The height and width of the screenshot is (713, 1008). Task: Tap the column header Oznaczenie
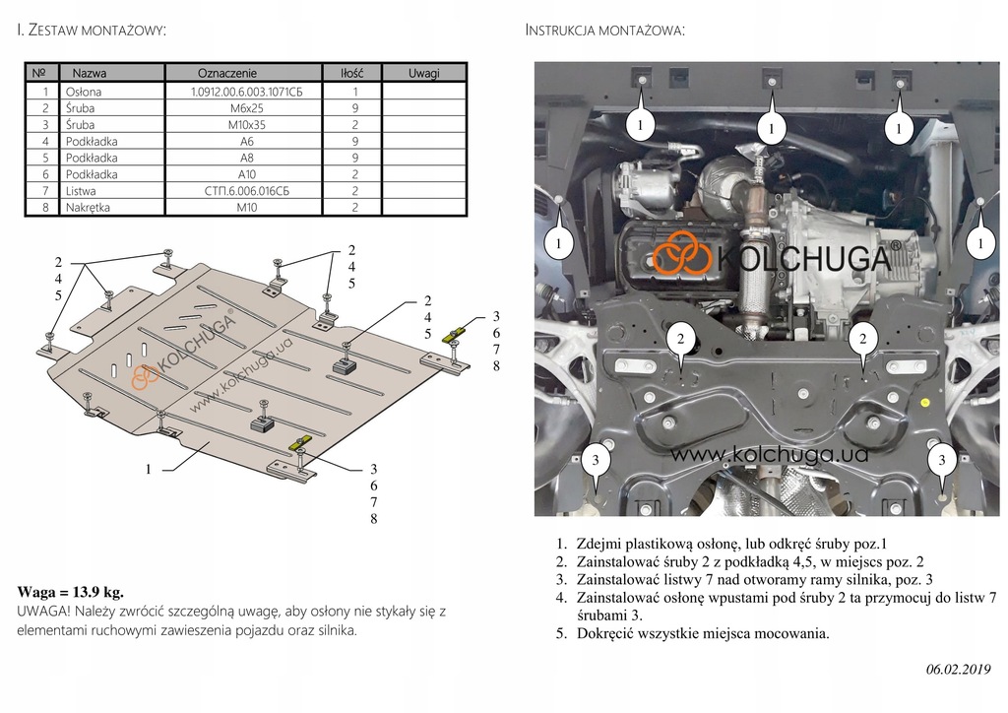tap(227, 73)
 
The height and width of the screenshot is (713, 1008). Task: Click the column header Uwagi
tap(424, 73)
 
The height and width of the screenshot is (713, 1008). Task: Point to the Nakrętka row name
tap(88, 208)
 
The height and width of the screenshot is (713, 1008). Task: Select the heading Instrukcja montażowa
tap(605, 31)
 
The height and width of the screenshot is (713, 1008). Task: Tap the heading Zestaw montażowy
tap(93, 31)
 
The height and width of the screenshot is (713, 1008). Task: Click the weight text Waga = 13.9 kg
tap(71, 592)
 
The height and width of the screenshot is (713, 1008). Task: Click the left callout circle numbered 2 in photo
tap(680, 339)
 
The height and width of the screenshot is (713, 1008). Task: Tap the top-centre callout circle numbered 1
tap(772, 127)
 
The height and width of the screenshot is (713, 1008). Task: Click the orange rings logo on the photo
tap(682, 256)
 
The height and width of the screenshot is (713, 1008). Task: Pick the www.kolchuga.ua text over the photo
tap(770, 454)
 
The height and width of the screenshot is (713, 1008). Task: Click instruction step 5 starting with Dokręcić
tap(699, 633)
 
